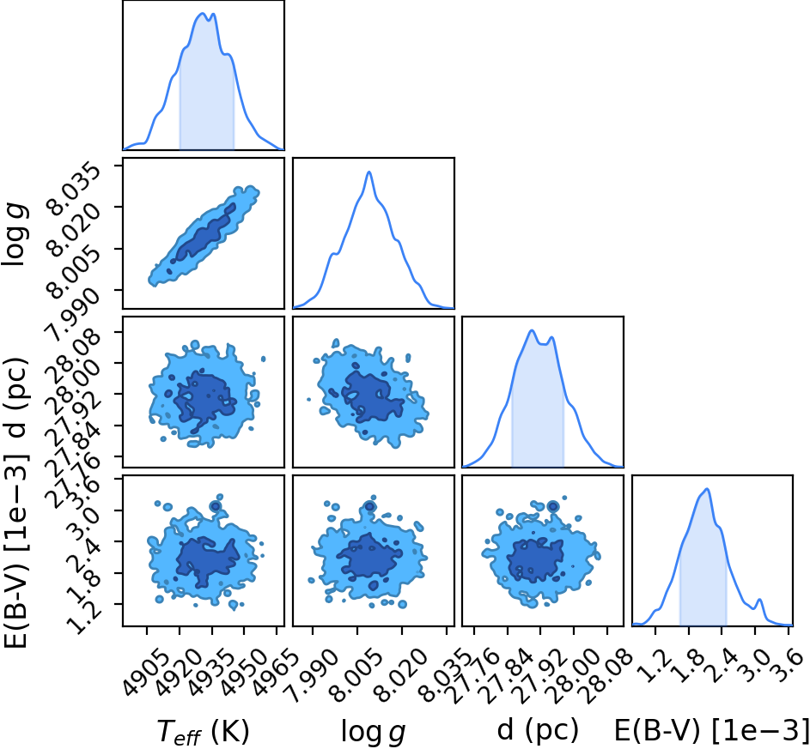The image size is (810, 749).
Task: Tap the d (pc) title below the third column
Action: pos(538,730)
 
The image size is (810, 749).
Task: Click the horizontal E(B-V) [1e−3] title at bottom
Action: pos(711,730)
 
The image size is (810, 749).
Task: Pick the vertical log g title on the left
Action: pos(15,235)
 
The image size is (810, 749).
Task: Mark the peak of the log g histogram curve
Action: pos(368,172)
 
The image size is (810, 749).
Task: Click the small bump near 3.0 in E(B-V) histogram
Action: pos(759,600)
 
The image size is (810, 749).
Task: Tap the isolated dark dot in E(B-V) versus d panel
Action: pos(553,506)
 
